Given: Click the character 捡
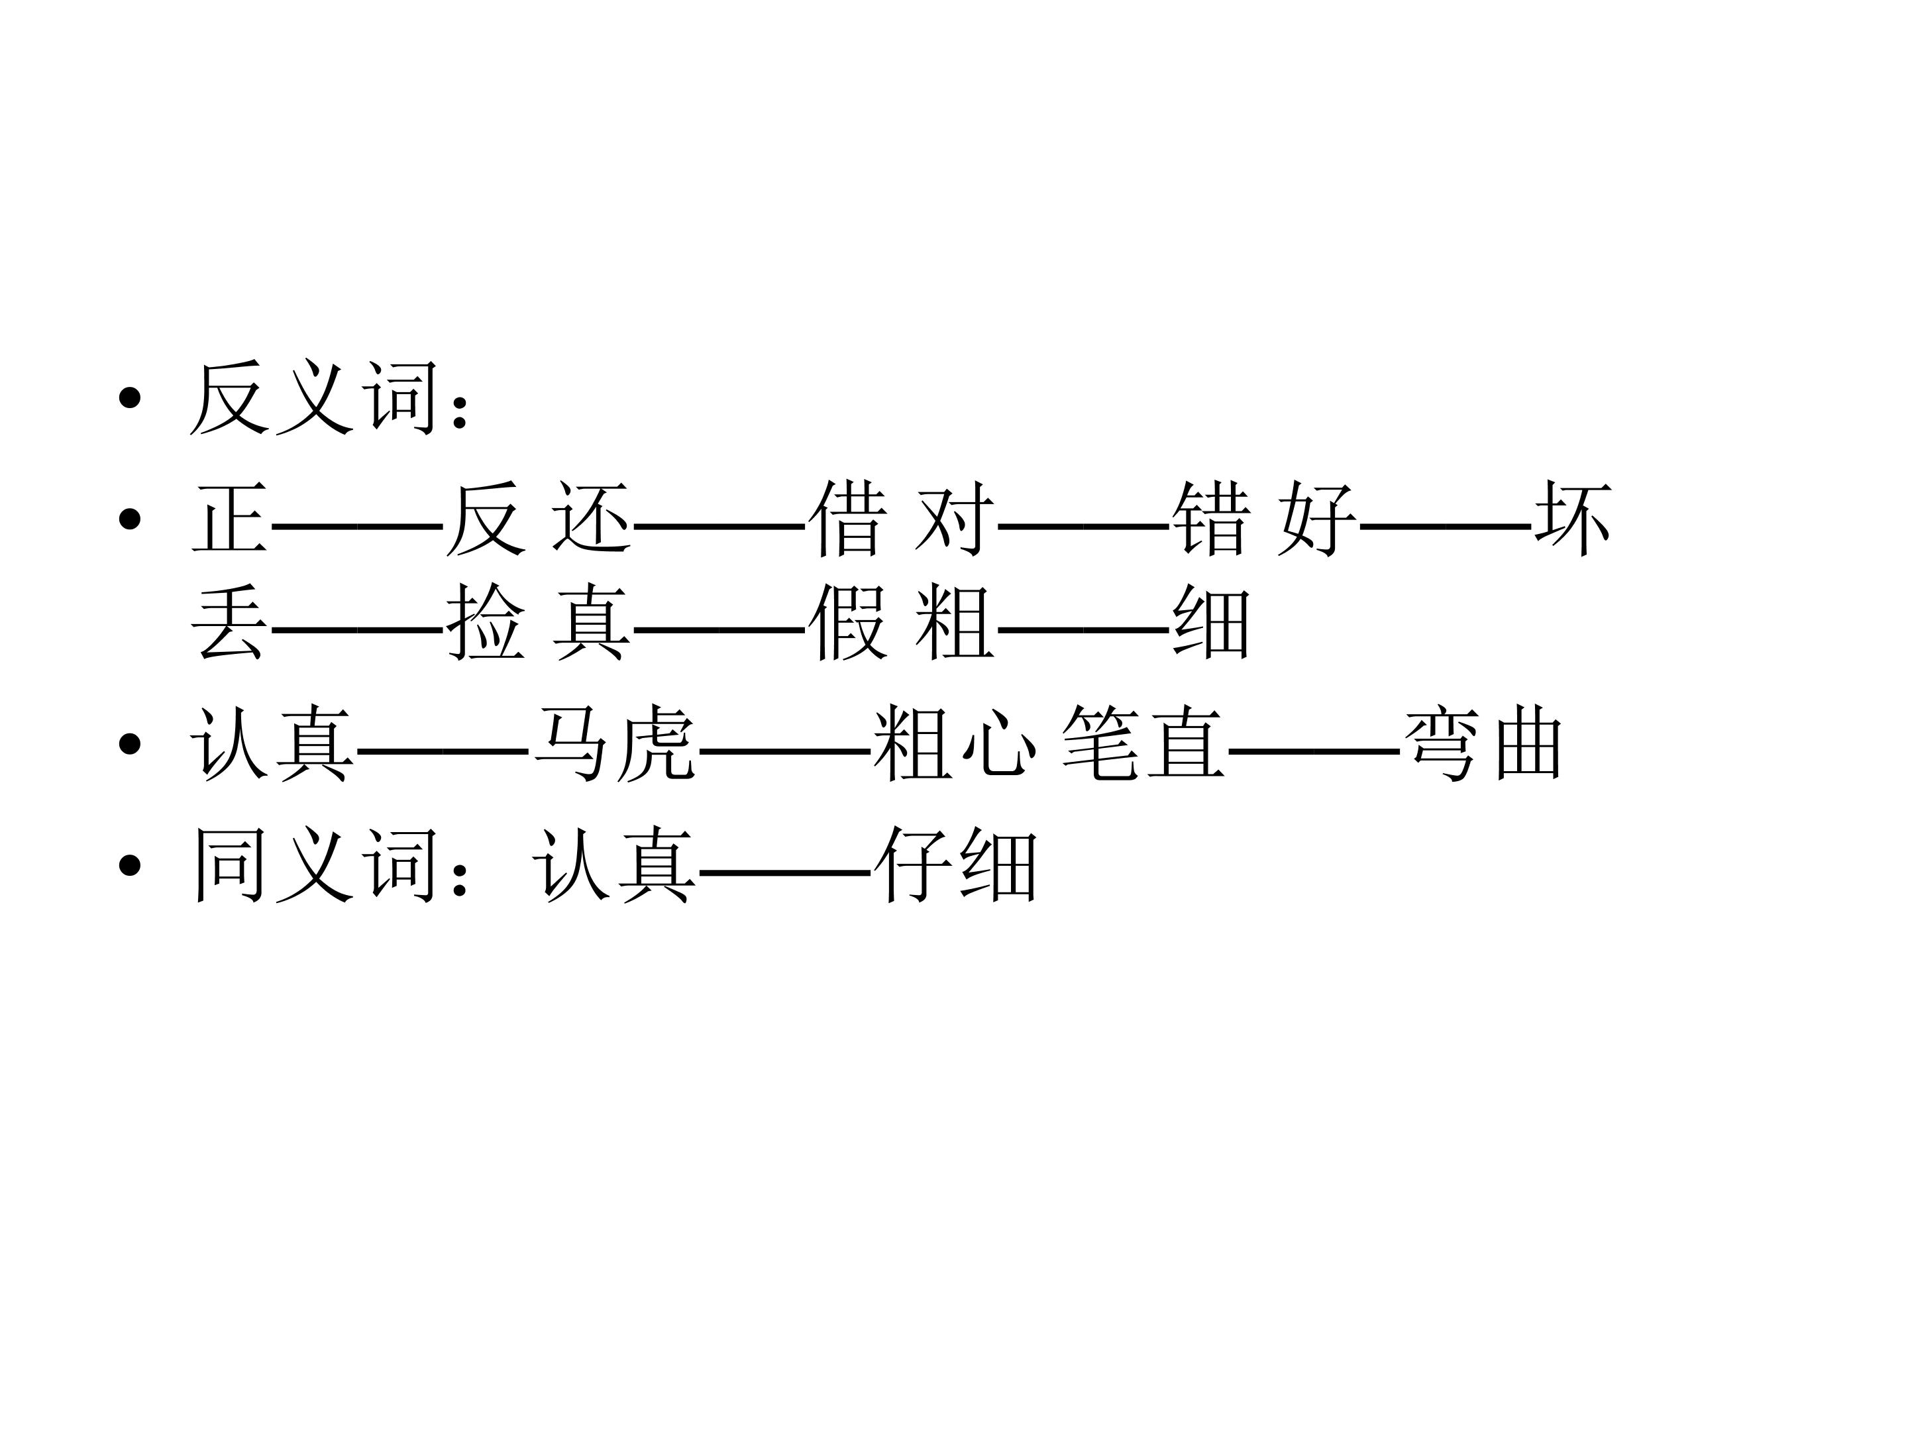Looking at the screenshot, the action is click(x=486, y=623).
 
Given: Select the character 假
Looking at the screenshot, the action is click(x=848, y=623).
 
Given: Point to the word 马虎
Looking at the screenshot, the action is click(x=615, y=743).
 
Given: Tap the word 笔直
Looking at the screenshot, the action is click(x=1143, y=743).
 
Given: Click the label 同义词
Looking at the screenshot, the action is click(x=314, y=865).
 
